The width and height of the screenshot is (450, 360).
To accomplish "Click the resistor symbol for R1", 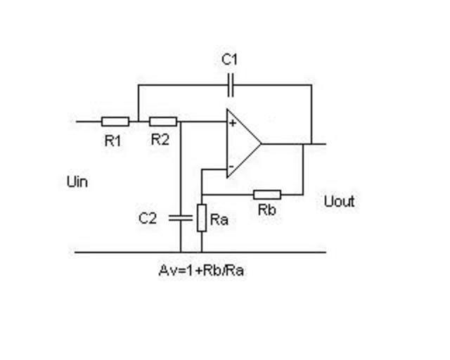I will [x=115, y=121].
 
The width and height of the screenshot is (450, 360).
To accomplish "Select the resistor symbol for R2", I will [x=162, y=121].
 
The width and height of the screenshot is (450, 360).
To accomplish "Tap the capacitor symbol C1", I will [x=230, y=85].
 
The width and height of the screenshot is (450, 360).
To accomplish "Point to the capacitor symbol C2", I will [x=180, y=218].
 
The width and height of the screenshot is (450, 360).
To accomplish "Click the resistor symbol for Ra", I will [x=202, y=217].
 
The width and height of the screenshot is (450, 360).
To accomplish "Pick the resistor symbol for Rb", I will [x=267, y=194].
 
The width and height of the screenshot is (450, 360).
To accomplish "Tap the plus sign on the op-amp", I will [x=231, y=124].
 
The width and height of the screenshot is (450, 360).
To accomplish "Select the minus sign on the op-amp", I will [x=231, y=167].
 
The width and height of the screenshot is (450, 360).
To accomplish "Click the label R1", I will [x=112, y=140].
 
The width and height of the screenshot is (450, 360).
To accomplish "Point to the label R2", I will [x=160, y=139].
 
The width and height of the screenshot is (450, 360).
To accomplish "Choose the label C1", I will [x=230, y=60].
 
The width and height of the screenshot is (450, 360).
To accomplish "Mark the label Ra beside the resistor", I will [x=220, y=220].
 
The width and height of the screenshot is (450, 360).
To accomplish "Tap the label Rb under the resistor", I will [x=266, y=210].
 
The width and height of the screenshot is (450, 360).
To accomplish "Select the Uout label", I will [x=340, y=202].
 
